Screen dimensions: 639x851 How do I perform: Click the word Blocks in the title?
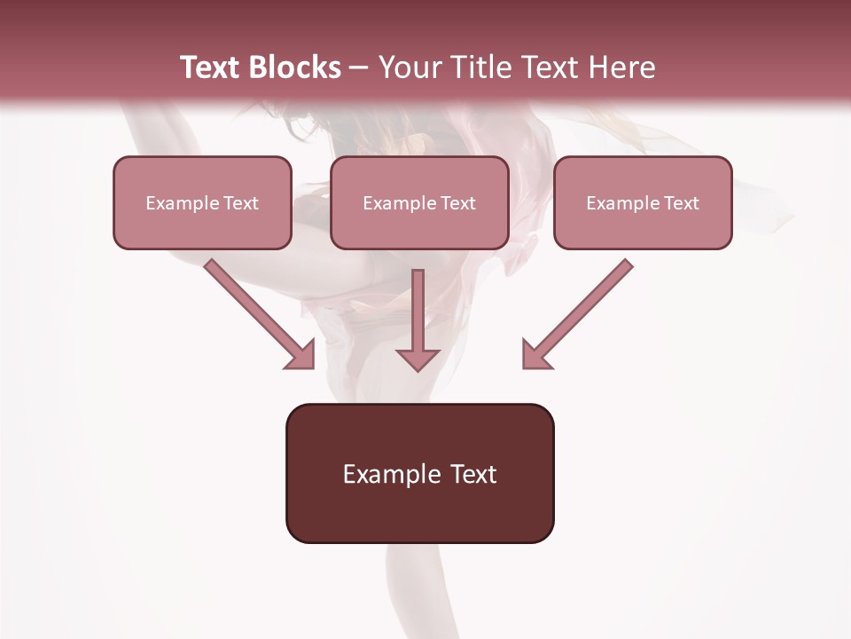(293, 67)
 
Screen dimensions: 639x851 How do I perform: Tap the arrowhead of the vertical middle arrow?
(418, 359)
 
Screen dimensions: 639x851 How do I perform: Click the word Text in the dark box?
(474, 474)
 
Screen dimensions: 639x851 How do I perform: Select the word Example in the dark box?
(391, 474)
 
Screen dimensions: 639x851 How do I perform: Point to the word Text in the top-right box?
(682, 203)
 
